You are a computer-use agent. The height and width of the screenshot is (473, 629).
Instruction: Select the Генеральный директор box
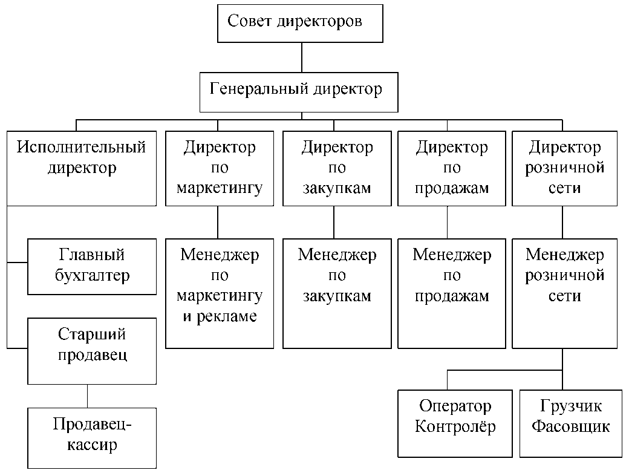(x=299, y=91)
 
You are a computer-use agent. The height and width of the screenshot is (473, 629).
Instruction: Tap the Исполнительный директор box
(x=82, y=167)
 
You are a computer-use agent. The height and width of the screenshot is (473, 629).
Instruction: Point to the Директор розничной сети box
(x=565, y=167)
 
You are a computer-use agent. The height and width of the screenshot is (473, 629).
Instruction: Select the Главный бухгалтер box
(x=92, y=266)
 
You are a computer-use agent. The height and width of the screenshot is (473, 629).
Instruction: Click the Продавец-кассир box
(x=92, y=437)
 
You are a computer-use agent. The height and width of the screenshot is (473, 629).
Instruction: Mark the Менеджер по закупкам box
(x=337, y=293)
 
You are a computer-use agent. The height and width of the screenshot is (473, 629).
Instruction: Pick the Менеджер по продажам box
(x=452, y=293)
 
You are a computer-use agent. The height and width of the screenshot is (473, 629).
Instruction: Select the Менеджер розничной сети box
(x=565, y=293)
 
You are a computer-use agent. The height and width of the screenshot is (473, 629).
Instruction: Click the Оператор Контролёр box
(x=455, y=423)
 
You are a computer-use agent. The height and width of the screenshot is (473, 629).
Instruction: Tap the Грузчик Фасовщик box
(x=570, y=423)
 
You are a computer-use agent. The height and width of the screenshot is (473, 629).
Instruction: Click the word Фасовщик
(x=570, y=427)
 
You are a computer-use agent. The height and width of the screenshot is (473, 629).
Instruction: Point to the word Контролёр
(x=455, y=427)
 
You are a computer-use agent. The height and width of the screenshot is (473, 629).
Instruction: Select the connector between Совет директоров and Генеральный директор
(x=301, y=57)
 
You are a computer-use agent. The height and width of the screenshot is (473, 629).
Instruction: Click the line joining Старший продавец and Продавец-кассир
(x=87, y=396)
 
